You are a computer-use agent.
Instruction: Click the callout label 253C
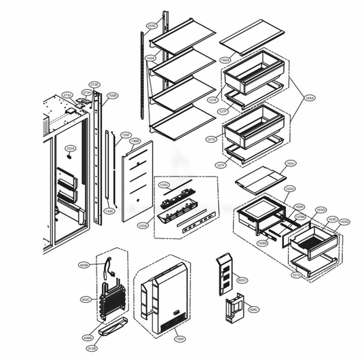pos(151,26)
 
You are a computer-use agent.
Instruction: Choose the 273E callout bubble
pos(95,84)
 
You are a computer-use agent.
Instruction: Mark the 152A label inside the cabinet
pos(69,147)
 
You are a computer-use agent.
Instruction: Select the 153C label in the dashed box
pos(163,184)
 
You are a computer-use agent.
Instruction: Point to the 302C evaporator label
pos(85,298)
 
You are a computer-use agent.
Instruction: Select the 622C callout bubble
pos(242,278)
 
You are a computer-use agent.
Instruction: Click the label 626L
pos(253,310)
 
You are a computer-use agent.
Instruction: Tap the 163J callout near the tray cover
pos(291,164)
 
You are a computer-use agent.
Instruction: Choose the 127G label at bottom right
pos(297,275)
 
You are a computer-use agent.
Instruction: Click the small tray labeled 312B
pos(113,331)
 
